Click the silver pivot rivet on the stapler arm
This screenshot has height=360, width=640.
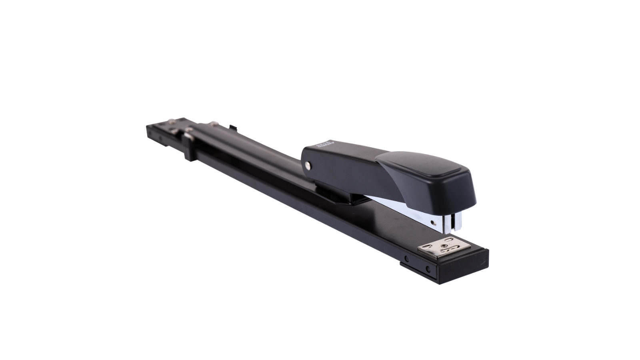click(307, 164)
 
